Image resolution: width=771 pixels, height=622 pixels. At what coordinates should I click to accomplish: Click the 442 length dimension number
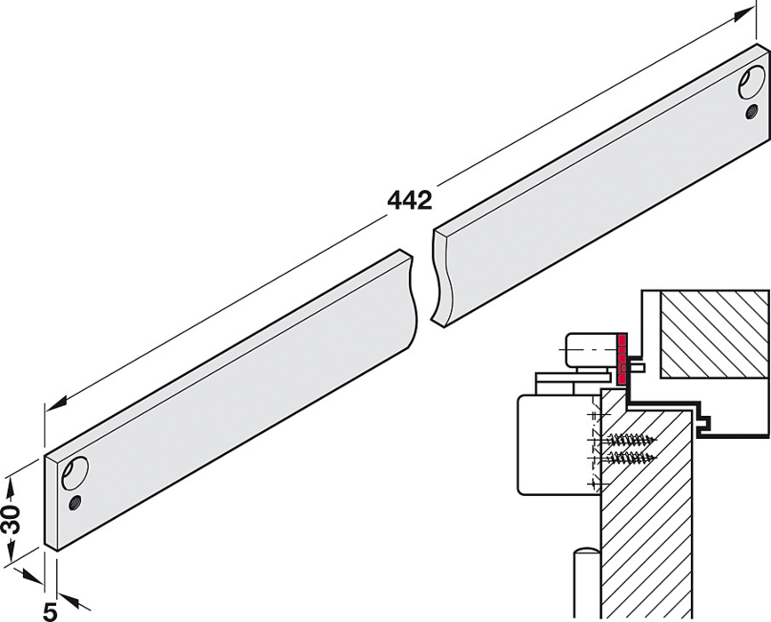click(x=409, y=200)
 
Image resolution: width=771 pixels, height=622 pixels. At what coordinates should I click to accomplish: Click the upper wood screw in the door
click(x=633, y=439)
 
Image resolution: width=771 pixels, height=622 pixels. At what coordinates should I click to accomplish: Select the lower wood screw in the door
click(x=633, y=458)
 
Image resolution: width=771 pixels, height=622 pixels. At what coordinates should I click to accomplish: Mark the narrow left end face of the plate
click(x=51, y=502)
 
